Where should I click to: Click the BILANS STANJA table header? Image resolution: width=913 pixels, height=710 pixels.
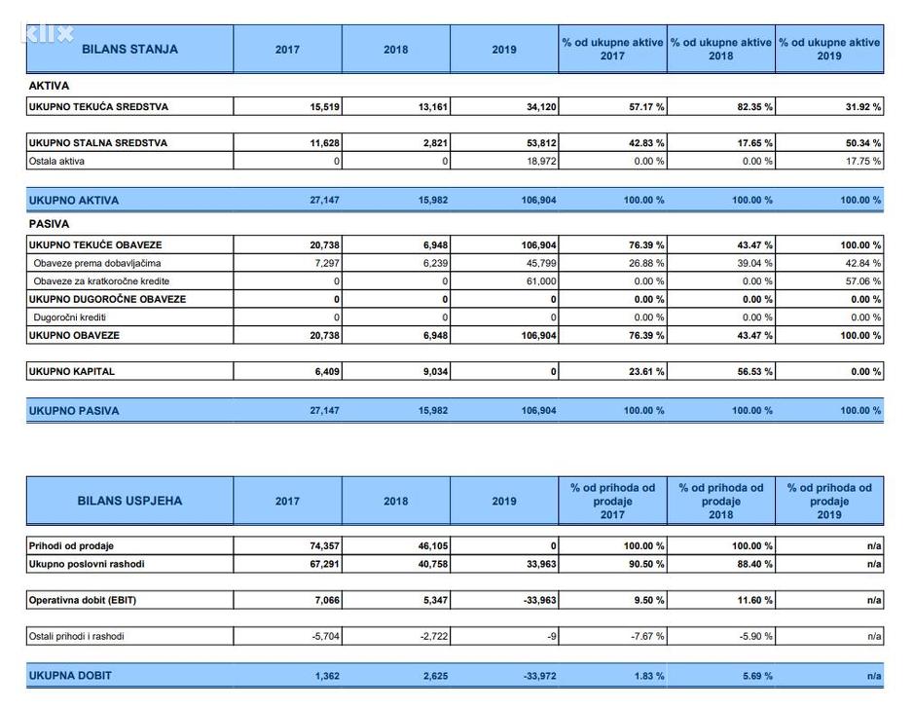[129, 49]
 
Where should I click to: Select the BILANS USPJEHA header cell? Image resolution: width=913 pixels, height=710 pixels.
[129, 501]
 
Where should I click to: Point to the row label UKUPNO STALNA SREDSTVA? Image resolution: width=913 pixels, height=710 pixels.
[98, 143]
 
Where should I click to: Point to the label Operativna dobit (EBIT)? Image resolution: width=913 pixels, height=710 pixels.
[83, 600]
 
